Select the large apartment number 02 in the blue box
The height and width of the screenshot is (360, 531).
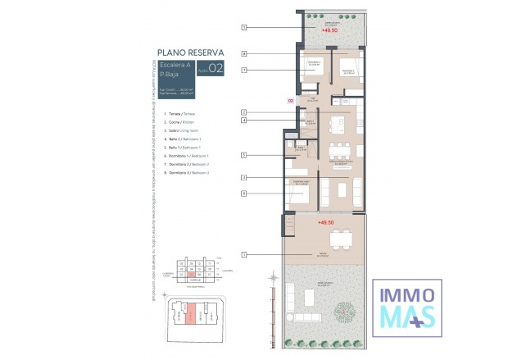coord(216,69)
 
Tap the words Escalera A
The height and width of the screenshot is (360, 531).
coord(175,64)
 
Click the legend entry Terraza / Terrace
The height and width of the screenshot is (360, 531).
coord(183,114)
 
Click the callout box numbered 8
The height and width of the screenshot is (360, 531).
coord(244,53)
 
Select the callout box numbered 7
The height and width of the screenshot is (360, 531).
coord(244,71)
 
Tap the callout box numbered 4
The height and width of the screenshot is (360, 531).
coord(244,121)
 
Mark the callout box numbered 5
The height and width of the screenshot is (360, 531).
coord(244,154)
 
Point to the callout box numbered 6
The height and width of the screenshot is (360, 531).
coord(244,194)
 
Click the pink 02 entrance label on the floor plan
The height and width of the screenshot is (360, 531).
coord(290,101)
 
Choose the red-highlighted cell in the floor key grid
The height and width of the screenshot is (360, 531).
coord(190,275)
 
